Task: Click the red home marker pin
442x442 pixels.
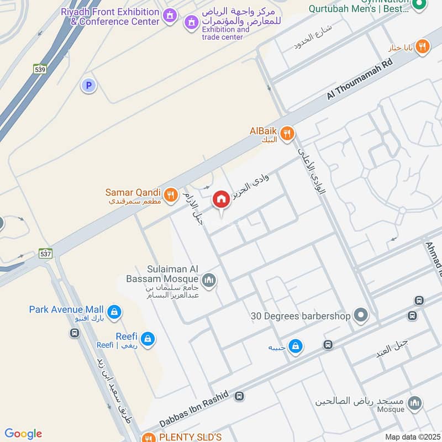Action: pyautogui.click(x=221, y=199)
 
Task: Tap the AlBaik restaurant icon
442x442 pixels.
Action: pyautogui.click(x=286, y=133)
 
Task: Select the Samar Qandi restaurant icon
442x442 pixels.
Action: pyautogui.click(x=170, y=194)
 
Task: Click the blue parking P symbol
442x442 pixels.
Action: pyautogui.click(x=87, y=86)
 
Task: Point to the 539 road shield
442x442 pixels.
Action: pyautogui.click(x=40, y=70)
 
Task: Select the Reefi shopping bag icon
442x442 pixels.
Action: pyautogui.click(x=147, y=339)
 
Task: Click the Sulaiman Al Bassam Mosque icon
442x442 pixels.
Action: pyautogui.click(x=208, y=281)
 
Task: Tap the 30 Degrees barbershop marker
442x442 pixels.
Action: pyautogui.click(x=361, y=316)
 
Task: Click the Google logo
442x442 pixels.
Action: pyautogui.click(x=23, y=434)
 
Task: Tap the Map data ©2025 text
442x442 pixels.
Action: pyautogui.click(x=411, y=436)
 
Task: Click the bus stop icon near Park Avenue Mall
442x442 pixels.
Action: pyautogui.click(x=73, y=333)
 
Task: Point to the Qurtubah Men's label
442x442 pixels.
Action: pyautogui.click(x=359, y=8)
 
